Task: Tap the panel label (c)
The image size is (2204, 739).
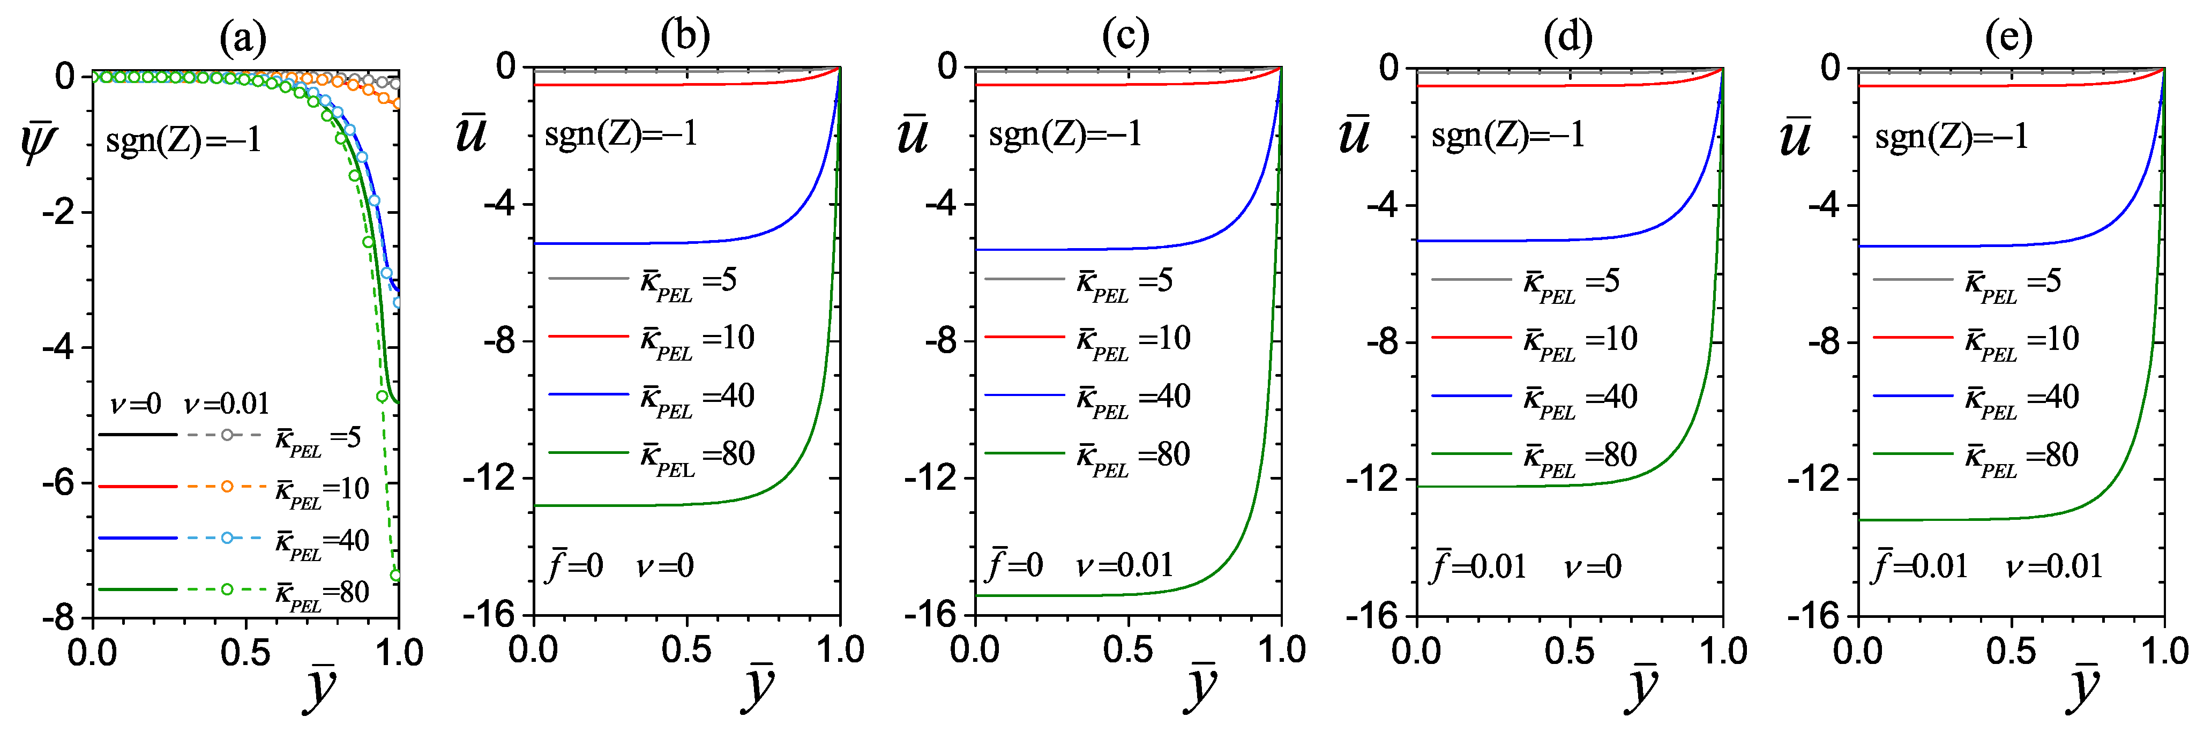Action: [x=1125, y=37]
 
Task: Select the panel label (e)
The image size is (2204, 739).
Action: [x=2008, y=37]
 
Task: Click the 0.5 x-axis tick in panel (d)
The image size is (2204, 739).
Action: [x=1569, y=652]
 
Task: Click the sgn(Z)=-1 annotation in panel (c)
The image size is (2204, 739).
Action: [x=1065, y=135]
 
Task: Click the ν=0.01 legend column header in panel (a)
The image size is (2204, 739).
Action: [x=227, y=404]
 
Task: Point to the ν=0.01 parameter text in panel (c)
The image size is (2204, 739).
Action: [x=1125, y=565]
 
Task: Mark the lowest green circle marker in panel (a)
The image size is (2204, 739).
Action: [x=395, y=576]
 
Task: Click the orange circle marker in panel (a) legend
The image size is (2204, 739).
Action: [x=227, y=487]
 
